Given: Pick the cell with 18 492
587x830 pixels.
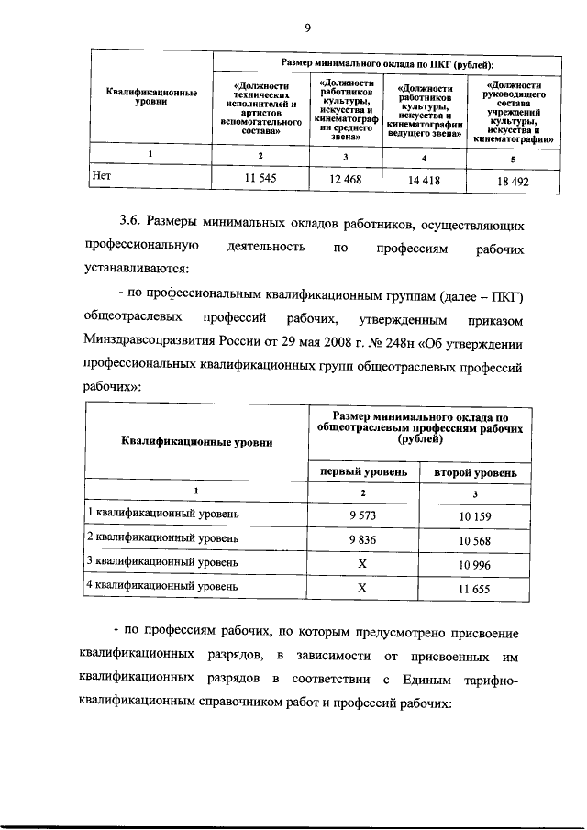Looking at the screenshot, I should [x=512, y=181].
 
